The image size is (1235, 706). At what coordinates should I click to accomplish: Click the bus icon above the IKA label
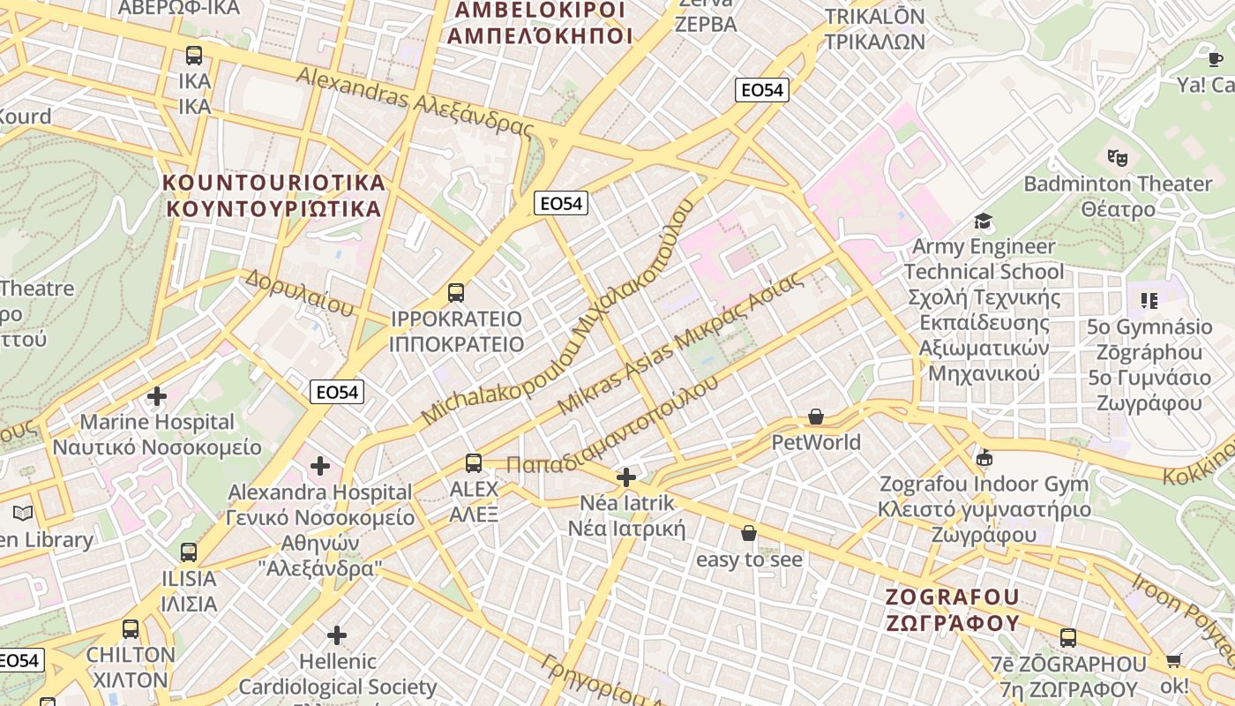point(194,56)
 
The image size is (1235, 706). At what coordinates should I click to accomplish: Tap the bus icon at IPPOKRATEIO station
point(456,293)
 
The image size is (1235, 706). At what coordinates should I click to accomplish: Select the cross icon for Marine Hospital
point(157,396)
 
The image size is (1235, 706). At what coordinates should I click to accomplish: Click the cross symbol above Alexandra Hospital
point(320,466)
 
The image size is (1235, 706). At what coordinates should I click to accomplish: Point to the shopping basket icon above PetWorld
point(816,417)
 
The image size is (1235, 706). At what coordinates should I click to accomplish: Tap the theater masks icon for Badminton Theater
point(1117,158)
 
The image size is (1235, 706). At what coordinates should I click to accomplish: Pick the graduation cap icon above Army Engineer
point(983,221)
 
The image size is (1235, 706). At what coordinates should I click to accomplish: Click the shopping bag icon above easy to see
point(749,534)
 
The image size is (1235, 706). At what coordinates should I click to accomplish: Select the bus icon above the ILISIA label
point(189,553)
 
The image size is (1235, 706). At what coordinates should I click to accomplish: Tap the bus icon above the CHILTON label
point(131,629)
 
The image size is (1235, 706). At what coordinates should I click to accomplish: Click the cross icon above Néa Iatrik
point(626,478)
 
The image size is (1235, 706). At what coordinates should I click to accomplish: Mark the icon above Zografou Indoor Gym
point(984,458)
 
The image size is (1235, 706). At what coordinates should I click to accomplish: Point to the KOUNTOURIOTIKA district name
point(274,196)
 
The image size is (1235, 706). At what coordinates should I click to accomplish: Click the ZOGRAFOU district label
point(953,610)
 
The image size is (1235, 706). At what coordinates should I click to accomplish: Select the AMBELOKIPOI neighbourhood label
point(540,23)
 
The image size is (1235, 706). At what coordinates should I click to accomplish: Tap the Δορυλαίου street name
point(300,293)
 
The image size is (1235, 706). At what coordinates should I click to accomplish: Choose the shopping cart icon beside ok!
point(1173,660)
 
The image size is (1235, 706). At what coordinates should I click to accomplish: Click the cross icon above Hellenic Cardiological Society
point(336,635)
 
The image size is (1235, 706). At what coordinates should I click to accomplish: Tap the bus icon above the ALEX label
point(474,462)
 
